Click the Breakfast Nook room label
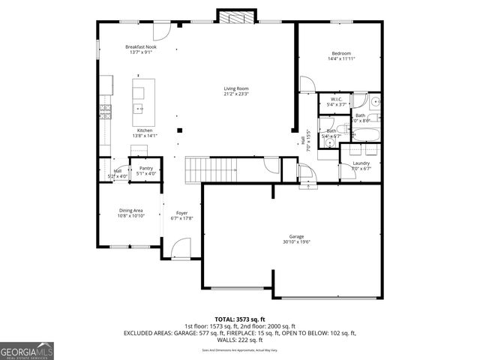pyautogui.click(x=140, y=47)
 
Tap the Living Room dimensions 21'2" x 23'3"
pyautogui.click(x=235, y=94)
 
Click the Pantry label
pyautogui.click(x=146, y=168)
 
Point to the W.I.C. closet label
pyautogui.click(x=336, y=99)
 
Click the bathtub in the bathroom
pyautogui.click(x=367, y=135)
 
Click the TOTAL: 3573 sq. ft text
pyautogui.click(x=239, y=319)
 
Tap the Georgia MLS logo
pyautogui.click(x=27, y=350)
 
